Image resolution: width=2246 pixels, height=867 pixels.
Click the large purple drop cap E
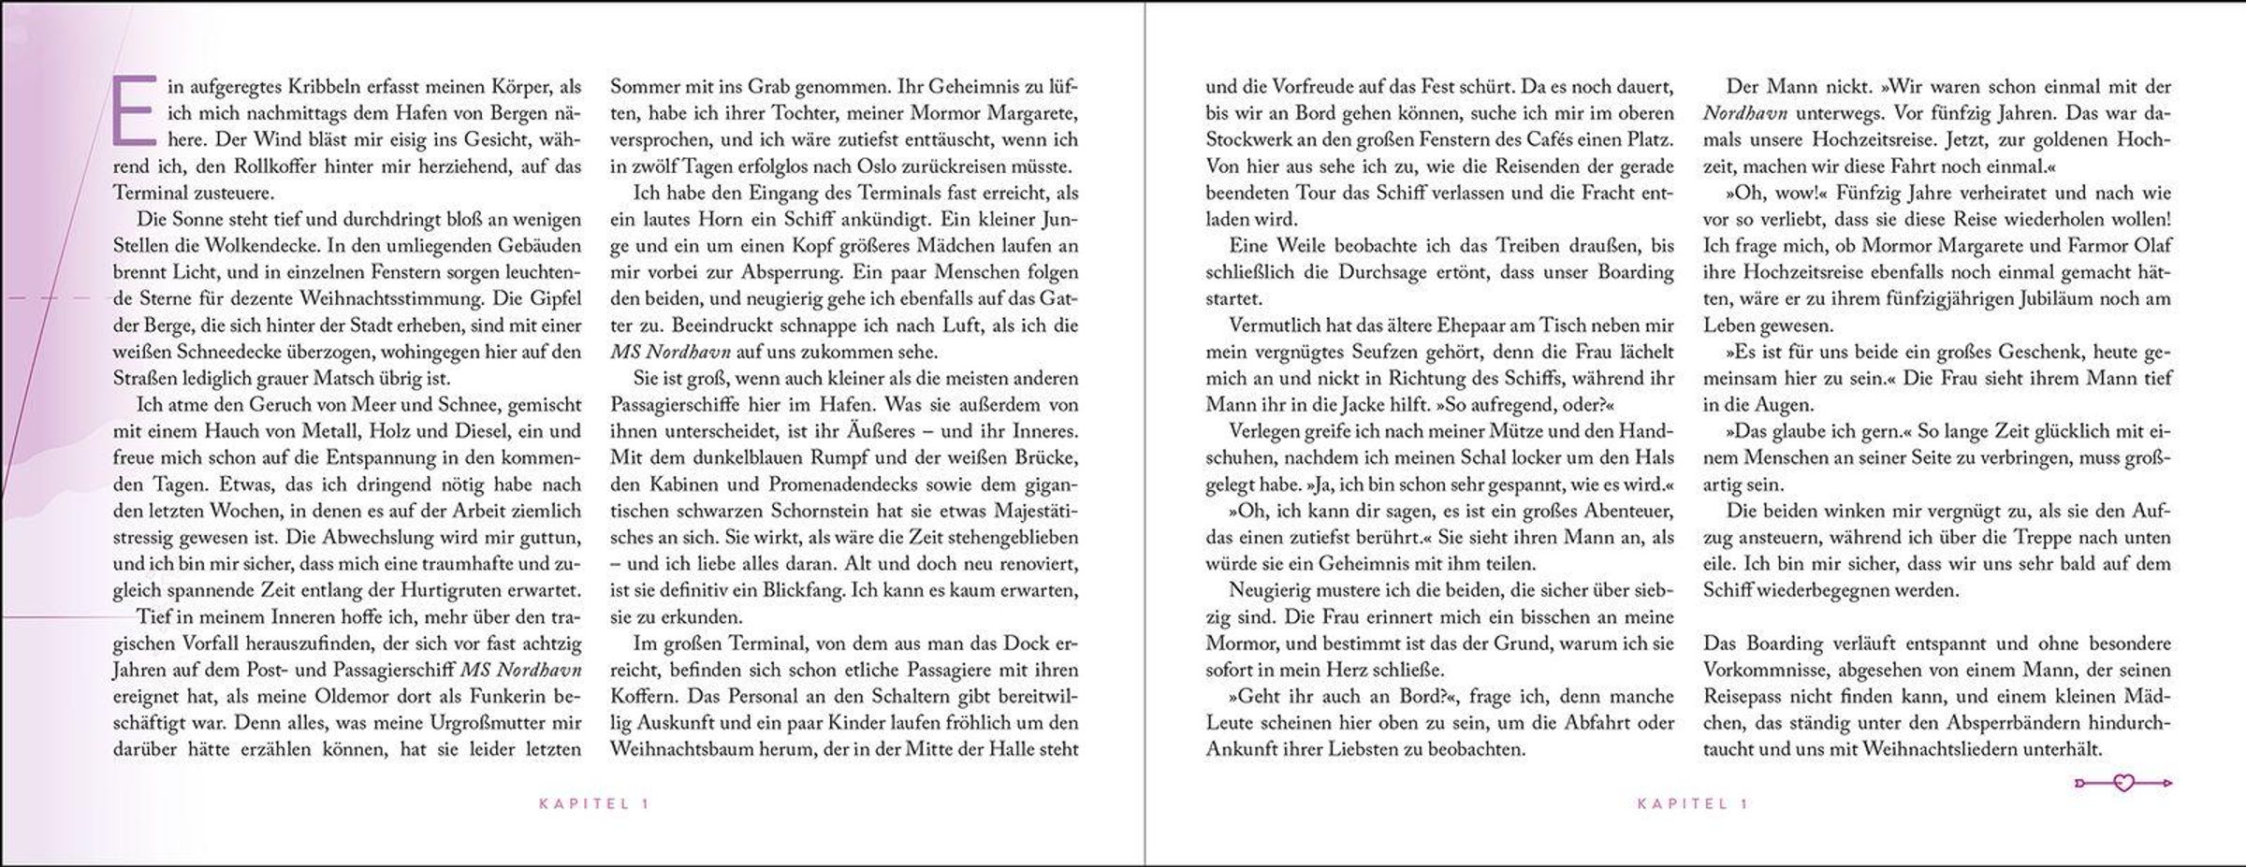click(131, 111)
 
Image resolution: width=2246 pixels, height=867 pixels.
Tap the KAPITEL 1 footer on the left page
click(594, 803)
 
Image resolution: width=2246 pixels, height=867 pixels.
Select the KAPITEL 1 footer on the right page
click(1693, 803)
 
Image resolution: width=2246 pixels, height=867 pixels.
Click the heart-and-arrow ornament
click(2123, 783)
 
